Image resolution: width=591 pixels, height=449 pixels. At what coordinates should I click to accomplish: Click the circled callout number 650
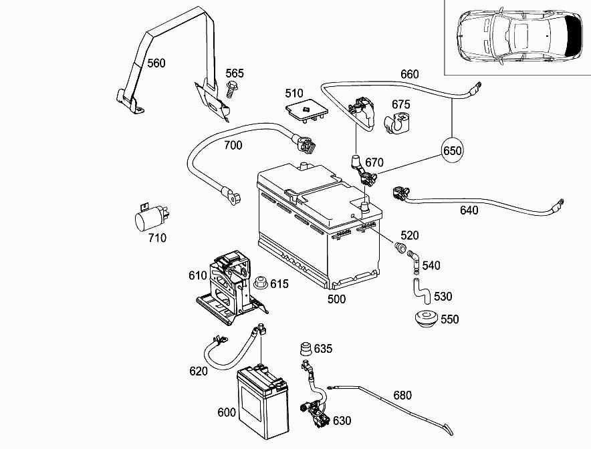[x=452, y=151]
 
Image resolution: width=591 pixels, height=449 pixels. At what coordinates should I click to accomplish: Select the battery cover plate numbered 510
[x=306, y=110]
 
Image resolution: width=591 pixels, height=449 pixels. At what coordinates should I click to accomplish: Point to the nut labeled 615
[x=260, y=283]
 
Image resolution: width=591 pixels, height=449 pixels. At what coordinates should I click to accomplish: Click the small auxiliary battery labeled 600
[x=263, y=402]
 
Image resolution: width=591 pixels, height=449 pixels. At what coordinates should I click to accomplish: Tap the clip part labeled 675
[x=396, y=122]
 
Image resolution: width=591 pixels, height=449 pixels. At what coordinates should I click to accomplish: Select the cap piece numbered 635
[x=306, y=349]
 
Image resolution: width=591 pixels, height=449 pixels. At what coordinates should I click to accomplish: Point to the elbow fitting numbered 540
[x=412, y=259]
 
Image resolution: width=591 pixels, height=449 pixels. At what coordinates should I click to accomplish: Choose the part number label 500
[x=336, y=299]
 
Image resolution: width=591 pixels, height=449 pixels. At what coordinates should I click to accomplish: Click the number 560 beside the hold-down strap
[x=156, y=63]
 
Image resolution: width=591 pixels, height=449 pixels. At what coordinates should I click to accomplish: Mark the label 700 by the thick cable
[x=233, y=145]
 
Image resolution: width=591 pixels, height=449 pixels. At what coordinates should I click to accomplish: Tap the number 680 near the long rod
[x=402, y=396]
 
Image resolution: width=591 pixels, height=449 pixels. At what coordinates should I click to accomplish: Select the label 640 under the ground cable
[x=469, y=210]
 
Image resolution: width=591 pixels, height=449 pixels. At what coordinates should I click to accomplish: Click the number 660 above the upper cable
[x=410, y=74]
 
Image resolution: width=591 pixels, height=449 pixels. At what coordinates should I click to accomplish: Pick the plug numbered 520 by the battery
[x=400, y=248]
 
